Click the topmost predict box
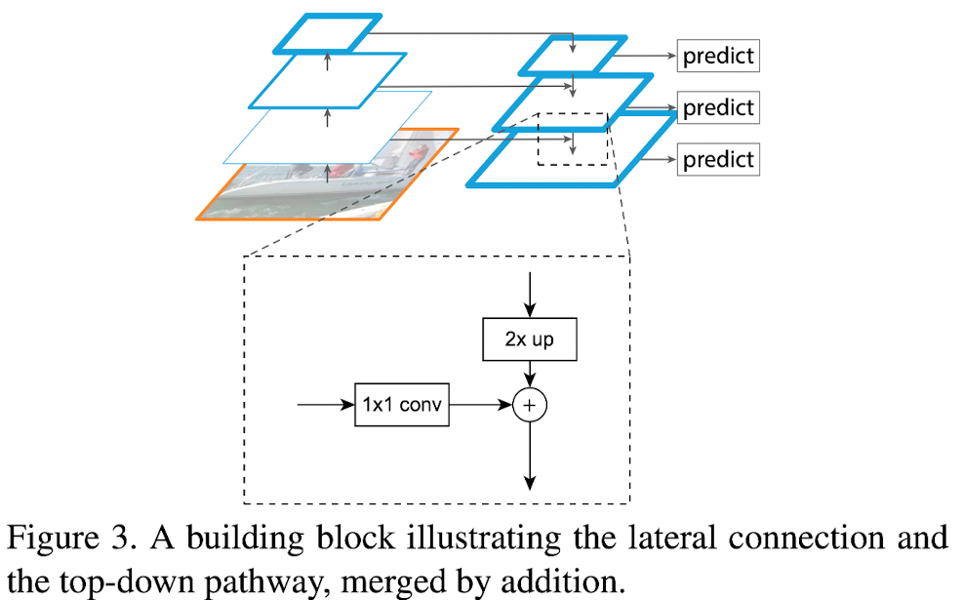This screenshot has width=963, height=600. (x=718, y=56)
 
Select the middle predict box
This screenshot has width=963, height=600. (x=718, y=107)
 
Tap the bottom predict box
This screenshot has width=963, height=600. (x=718, y=158)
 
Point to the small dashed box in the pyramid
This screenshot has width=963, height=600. (x=573, y=138)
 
